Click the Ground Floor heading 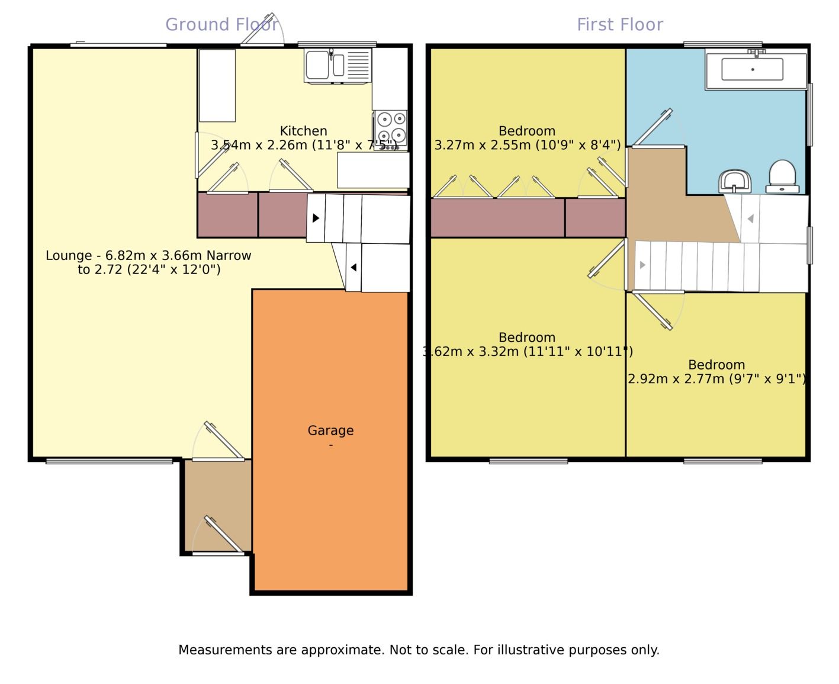221,24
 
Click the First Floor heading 619,24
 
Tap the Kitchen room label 303,131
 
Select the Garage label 330,431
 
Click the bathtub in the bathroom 752,69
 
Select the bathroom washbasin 735,181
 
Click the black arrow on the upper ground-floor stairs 316,218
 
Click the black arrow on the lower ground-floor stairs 353,268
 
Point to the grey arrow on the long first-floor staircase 642,265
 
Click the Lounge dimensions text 149,263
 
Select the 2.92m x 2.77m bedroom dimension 716,379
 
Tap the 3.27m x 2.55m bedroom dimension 527,145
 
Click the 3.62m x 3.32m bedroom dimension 527,352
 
